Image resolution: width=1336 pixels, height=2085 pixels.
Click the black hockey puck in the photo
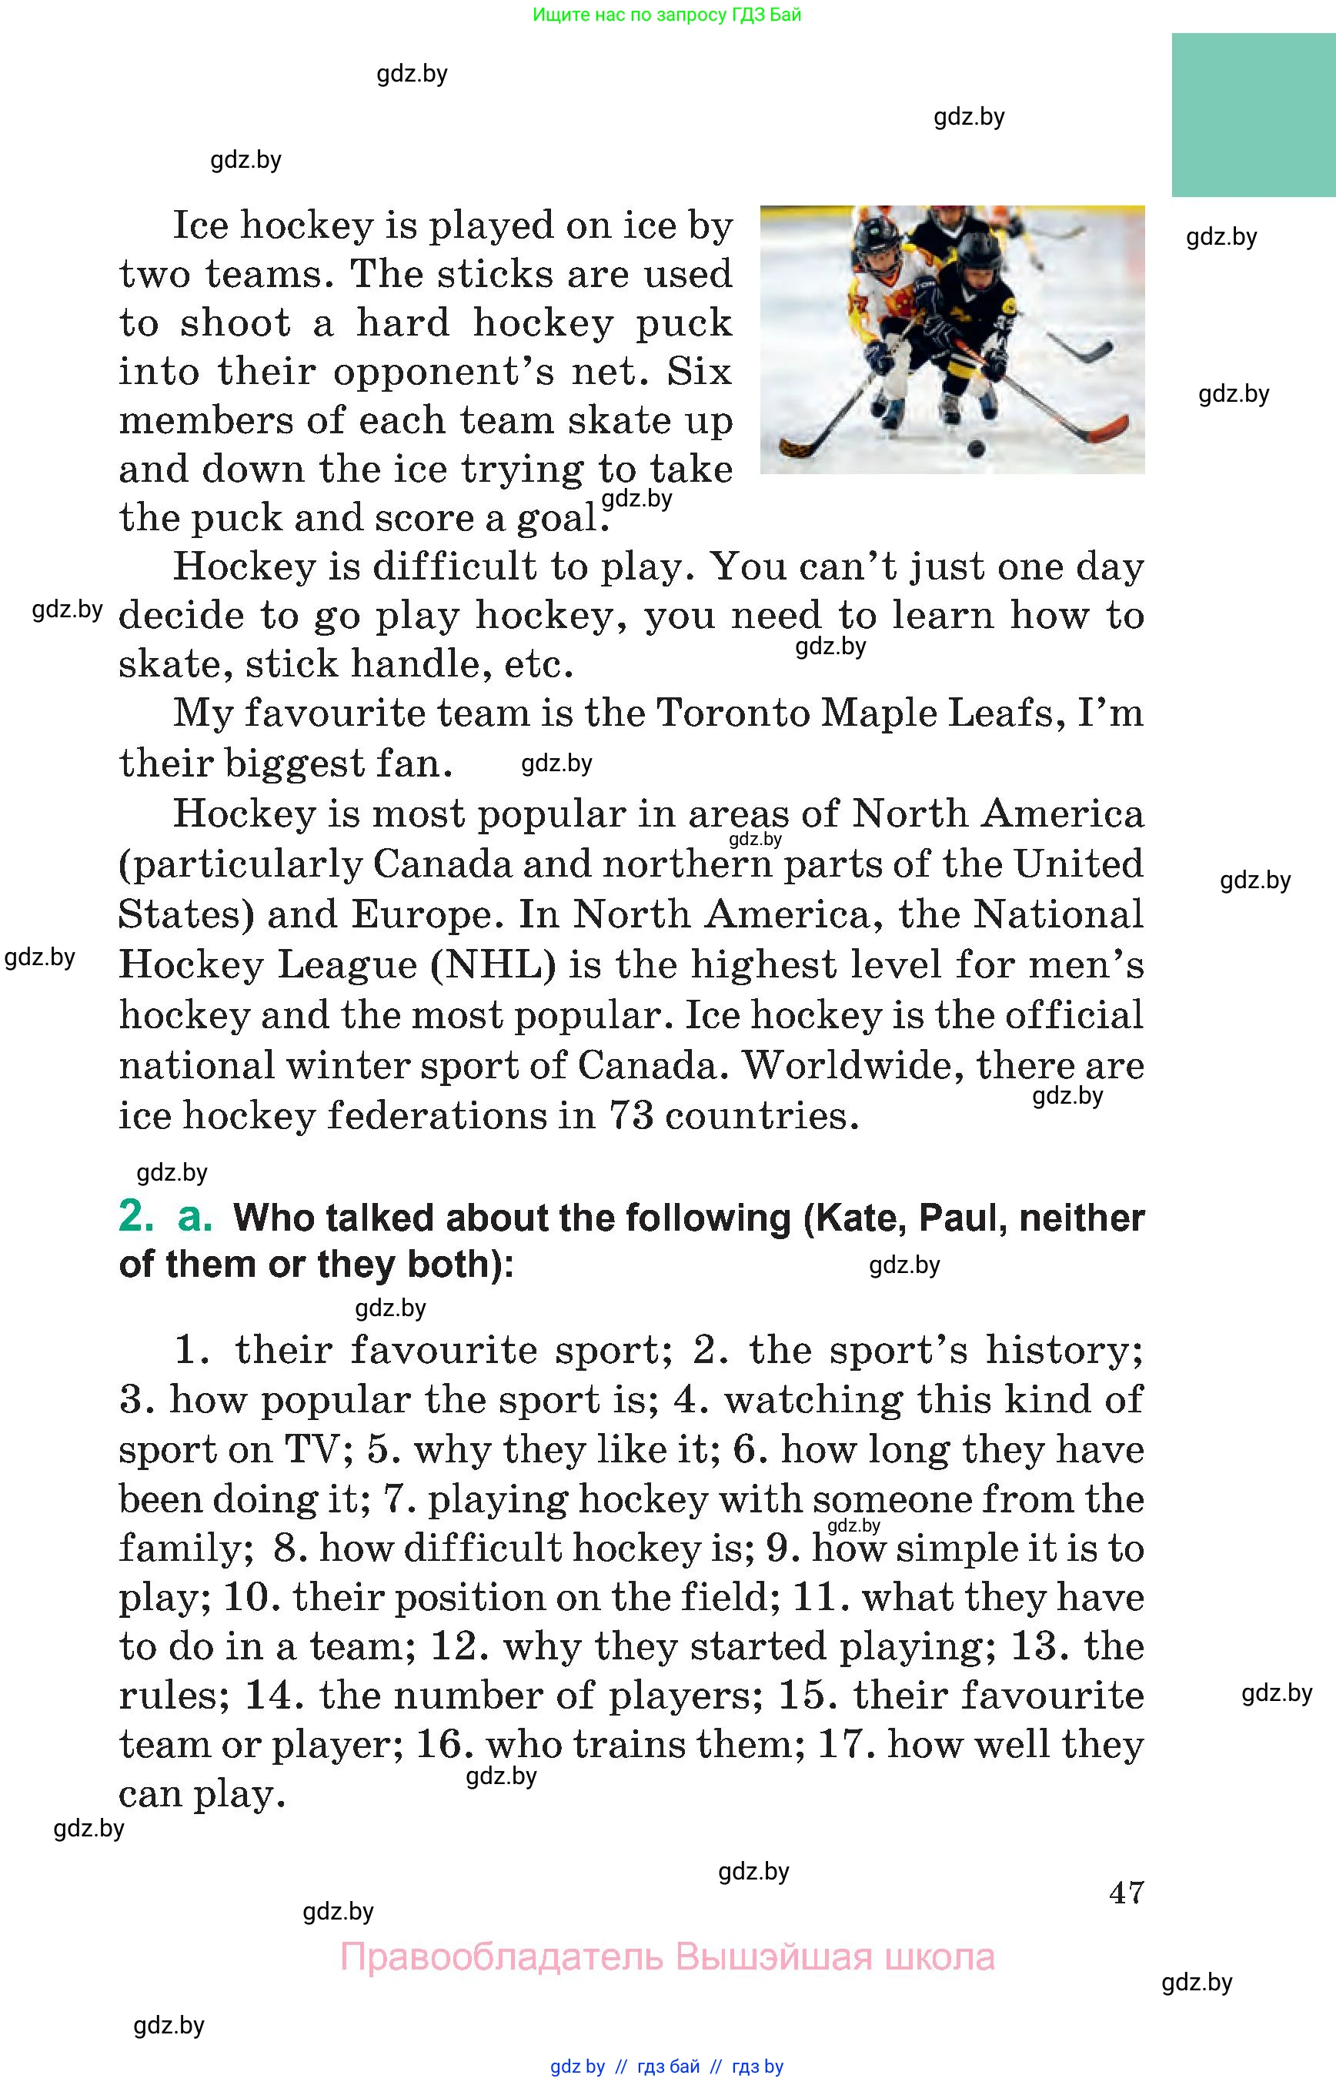click(976, 449)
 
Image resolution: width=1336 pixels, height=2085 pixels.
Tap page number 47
click(1126, 1893)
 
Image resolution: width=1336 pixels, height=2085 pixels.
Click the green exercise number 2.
click(135, 1217)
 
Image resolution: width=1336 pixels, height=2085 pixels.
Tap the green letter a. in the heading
click(195, 1217)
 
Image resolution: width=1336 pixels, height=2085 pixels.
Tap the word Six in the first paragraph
click(700, 372)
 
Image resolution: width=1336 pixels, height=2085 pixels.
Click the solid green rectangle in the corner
click(1253, 115)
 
